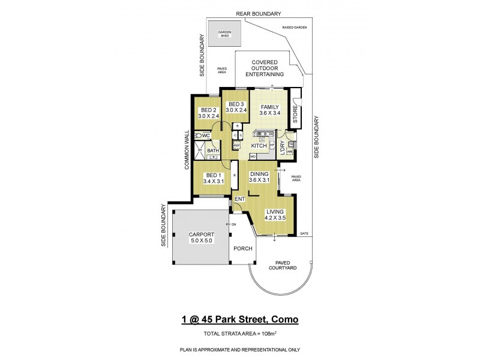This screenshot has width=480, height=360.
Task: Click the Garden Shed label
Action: pos(224,34)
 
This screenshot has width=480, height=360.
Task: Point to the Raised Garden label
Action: pos(293,28)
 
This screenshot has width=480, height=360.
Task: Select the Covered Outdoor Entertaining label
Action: pos(268,68)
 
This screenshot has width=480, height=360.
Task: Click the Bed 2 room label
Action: pos(208,110)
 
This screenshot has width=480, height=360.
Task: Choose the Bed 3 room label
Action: pos(236,104)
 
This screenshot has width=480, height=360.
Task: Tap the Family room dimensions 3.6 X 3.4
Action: pos(271,113)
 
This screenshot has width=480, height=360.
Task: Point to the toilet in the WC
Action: pos(198,136)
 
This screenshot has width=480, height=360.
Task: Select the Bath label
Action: pos(213,151)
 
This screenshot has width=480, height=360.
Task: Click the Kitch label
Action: pos(258,146)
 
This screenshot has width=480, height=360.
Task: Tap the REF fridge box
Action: pos(236,145)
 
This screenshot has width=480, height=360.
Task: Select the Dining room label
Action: pos(259,174)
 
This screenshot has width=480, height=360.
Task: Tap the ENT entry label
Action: pos(240,199)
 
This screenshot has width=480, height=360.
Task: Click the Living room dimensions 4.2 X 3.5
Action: pos(275,218)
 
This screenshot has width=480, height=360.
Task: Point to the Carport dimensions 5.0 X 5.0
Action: pos(201,241)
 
